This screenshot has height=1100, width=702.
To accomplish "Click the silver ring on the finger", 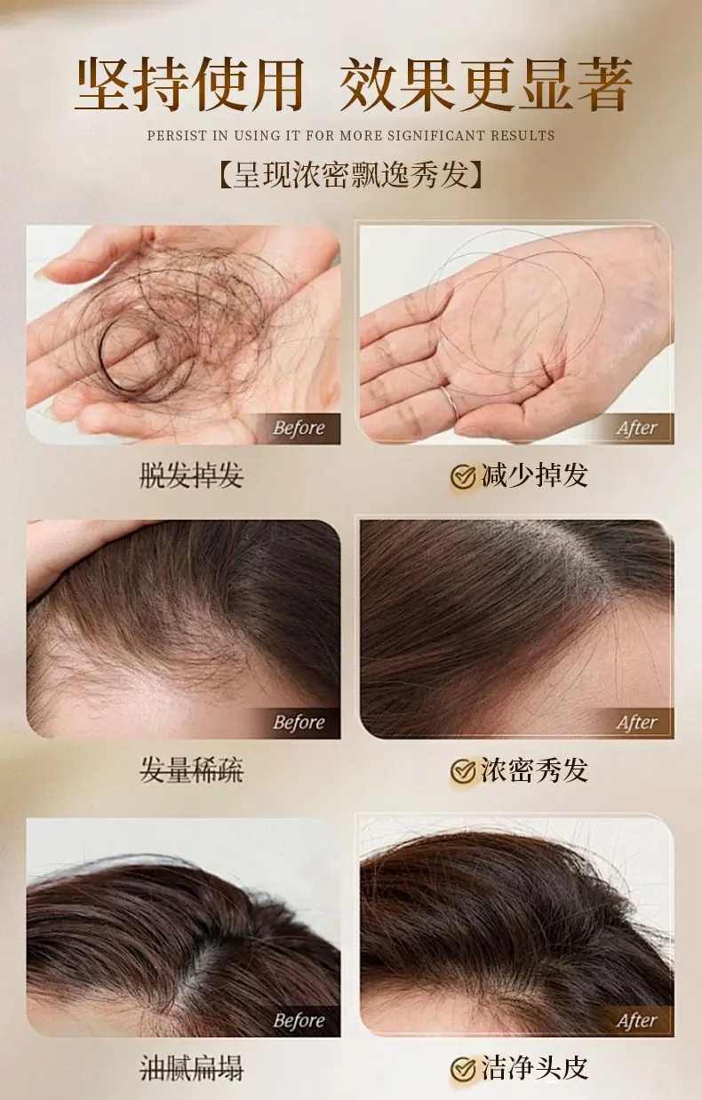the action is click(x=450, y=403).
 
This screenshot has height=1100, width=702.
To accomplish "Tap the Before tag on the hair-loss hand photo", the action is click(x=299, y=428).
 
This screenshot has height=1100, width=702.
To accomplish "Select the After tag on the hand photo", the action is click(x=636, y=428).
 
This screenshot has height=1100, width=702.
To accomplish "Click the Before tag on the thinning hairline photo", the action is click(x=299, y=722).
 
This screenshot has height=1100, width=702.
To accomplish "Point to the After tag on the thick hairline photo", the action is click(x=636, y=722).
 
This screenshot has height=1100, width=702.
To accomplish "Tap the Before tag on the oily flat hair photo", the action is click(x=299, y=1020).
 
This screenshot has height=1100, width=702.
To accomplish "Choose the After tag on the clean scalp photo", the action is click(x=636, y=1020).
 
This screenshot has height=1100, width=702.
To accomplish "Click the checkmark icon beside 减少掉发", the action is click(x=463, y=476).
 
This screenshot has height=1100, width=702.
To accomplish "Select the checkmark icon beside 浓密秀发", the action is click(x=463, y=770).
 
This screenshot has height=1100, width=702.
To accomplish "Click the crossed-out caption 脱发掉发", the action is click(x=192, y=475).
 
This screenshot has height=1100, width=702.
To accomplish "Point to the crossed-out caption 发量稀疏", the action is click(x=192, y=769).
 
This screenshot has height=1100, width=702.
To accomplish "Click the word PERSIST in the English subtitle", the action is click(x=177, y=136).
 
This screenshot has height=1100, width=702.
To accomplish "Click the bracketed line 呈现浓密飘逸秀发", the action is click(x=350, y=174).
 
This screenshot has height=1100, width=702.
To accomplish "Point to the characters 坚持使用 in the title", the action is click(x=190, y=84).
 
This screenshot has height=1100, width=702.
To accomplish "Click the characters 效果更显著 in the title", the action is click(x=486, y=84).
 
